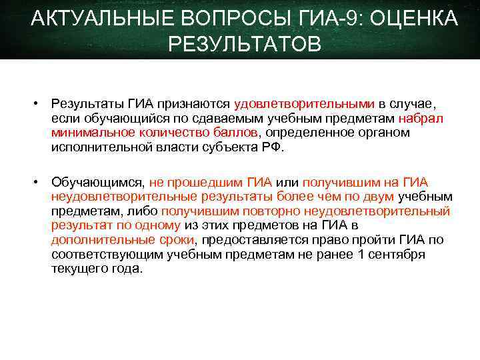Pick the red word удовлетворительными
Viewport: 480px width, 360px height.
pyautogui.click(x=305, y=104)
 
